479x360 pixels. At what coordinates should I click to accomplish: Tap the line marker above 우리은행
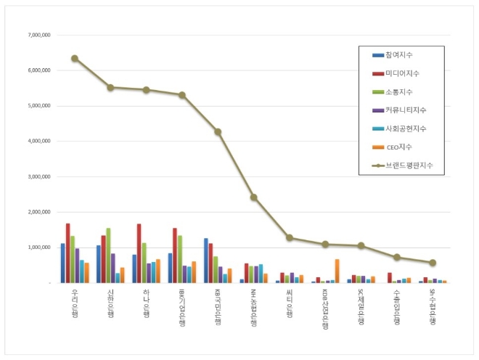[x=75, y=58]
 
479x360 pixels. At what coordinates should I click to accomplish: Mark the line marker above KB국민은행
[x=218, y=131]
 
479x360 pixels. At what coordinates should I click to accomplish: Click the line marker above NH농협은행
[x=253, y=197]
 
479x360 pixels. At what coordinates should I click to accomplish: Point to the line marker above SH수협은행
[x=433, y=263]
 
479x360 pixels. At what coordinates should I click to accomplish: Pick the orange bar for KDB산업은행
[x=337, y=271]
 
